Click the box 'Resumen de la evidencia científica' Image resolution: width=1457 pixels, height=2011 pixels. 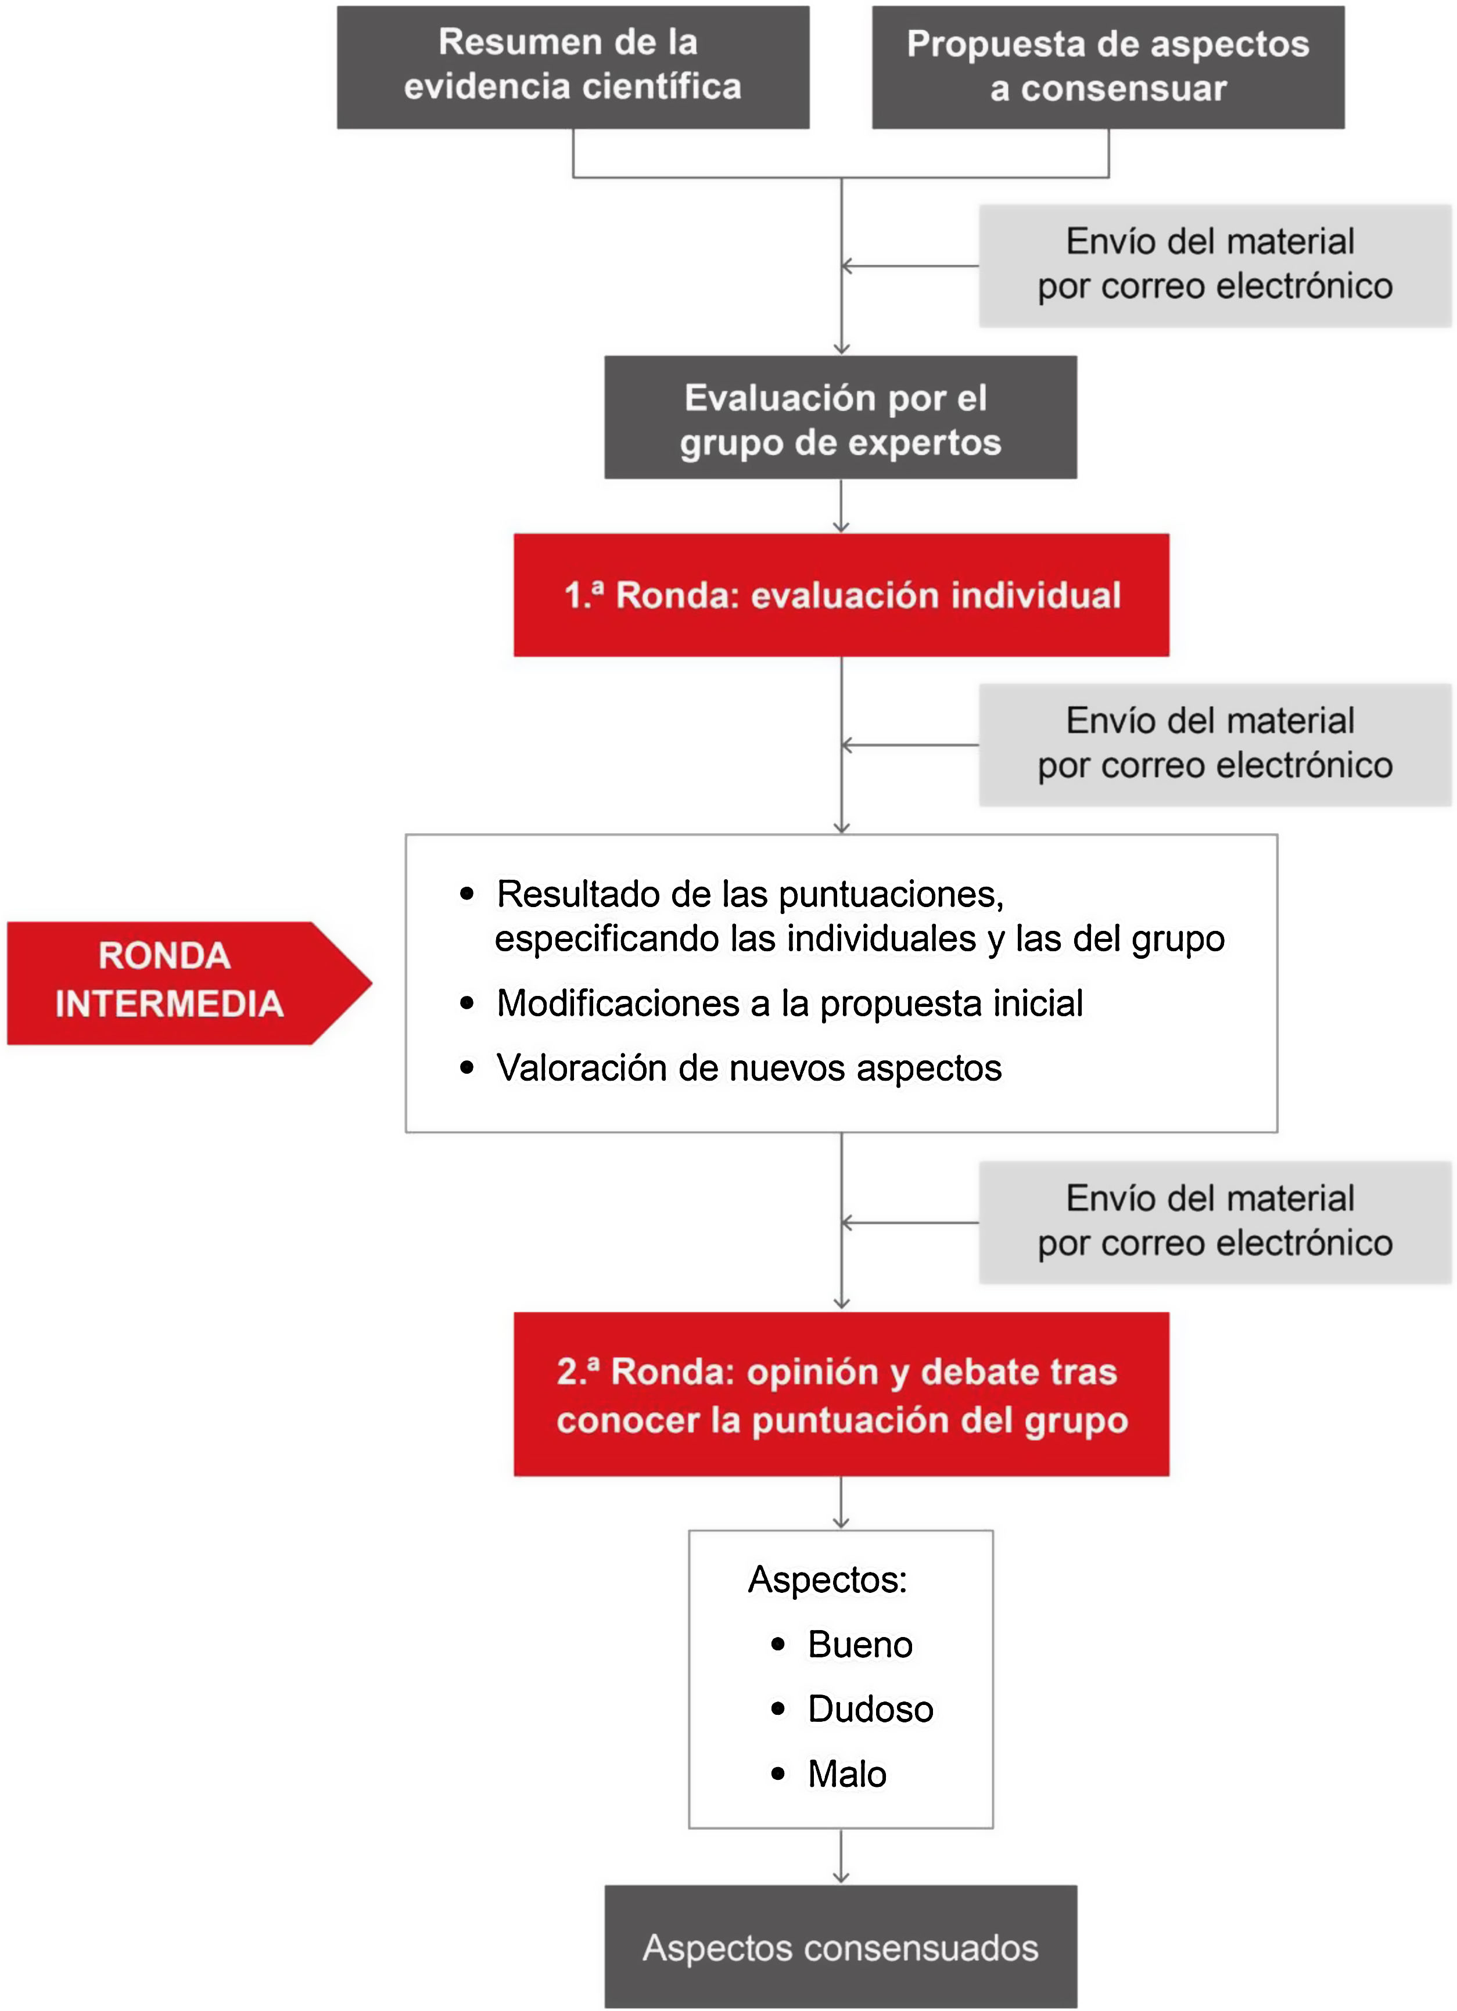(x=572, y=67)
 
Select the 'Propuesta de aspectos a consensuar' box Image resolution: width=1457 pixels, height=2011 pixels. (x=1108, y=67)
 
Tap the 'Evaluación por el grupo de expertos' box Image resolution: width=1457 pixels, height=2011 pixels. (x=840, y=418)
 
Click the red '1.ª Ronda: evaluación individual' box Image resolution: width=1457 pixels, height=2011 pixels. (x=841, y=595)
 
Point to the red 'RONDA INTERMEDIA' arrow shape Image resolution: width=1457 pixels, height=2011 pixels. (x=177, y=983)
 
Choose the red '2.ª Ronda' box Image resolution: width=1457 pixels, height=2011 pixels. (x=841, y=1395)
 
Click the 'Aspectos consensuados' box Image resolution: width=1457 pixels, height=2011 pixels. (x=840, y=1948)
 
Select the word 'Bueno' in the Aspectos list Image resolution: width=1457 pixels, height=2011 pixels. (x=859, y=1645)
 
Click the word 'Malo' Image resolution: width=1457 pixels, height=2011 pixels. (x=847, y=1774)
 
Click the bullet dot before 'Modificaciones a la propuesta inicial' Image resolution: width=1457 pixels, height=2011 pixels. (x=467, y=1003)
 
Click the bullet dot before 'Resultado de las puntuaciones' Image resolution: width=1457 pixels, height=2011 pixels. (x=467, y=894)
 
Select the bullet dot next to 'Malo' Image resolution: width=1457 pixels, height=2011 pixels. (x=778, y=1774)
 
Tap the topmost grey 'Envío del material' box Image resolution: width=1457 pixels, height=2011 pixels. (x=1214, y=265)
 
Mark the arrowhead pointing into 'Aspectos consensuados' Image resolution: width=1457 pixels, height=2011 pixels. (x=841, y=1876)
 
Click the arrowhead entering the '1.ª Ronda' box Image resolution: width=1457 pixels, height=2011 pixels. (x=841, y=527)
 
